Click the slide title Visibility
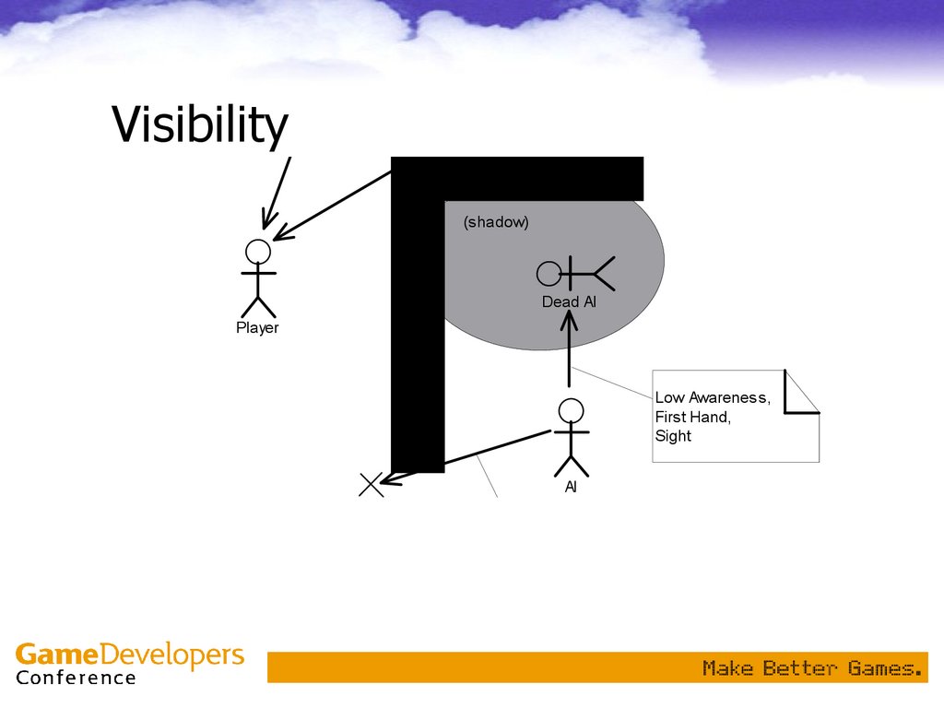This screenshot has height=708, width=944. [199, 125]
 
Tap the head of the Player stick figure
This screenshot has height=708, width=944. [258, 252]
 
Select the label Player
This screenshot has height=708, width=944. [257, 328]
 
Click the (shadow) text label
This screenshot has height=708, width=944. [496, 222]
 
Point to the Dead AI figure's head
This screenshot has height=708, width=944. [549, 273]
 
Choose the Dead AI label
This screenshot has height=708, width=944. [569, 301]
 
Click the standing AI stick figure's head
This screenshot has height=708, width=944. [572, 410]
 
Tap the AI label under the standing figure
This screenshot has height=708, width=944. [571, 487]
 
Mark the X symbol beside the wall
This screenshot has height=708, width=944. [371, 484]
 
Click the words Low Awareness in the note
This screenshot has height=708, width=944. [712, 397]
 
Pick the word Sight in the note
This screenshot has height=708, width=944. [673, 436]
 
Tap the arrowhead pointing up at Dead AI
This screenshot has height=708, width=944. [570, 318]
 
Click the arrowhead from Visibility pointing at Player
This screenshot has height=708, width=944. [265, 222]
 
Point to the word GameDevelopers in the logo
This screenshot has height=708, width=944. [130, 655]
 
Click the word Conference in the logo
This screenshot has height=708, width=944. [76, 678]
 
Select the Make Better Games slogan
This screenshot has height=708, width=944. [812, 668]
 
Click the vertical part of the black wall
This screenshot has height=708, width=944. [418, 350]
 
